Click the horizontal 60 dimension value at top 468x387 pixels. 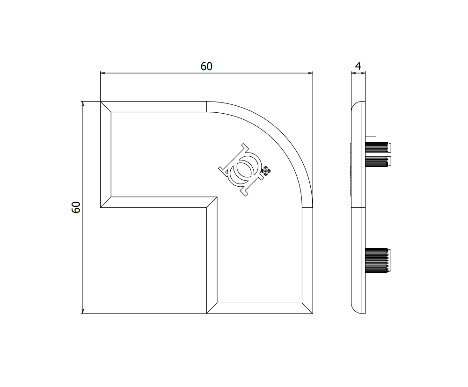click(206, 66)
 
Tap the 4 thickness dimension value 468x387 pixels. click(358, 66)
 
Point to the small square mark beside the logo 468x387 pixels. click(266, 171)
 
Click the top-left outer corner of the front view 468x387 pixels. click(101, 102)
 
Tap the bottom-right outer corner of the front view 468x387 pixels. click(313, 314)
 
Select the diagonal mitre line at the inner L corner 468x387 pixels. click(212, 202)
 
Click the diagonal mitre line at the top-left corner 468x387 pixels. click(106, 107)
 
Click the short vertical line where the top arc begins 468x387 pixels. click(206, 107)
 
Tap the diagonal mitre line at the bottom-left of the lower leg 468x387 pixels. click(212, 308)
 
